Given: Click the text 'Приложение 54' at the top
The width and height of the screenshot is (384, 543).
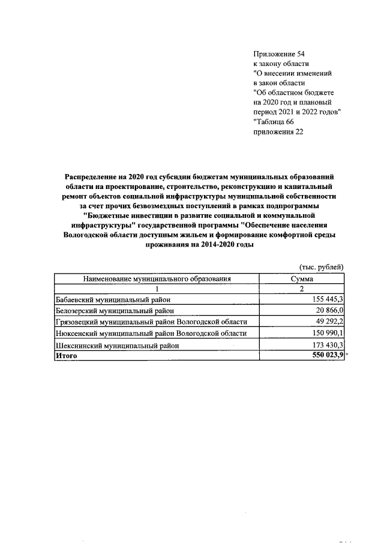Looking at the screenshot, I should [279, 54].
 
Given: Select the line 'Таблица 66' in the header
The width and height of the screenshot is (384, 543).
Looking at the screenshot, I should [274, 122].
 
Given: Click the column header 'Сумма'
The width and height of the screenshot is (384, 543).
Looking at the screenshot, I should [302, 278].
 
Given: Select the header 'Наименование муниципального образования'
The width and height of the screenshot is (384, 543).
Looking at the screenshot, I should [157, 278].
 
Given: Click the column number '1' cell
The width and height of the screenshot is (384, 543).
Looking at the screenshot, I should [157, 289].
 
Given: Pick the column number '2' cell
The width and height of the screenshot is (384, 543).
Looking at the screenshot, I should [302, 289].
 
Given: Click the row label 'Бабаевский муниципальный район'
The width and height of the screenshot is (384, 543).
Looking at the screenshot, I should [113, 299].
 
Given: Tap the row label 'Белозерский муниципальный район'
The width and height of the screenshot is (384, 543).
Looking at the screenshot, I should [115, 311].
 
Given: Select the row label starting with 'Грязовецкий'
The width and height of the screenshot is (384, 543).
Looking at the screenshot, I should [151, 322].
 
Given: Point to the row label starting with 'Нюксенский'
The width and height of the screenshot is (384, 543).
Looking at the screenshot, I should [150, 334].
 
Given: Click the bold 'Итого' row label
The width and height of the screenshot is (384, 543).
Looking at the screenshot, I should [67, 356].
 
